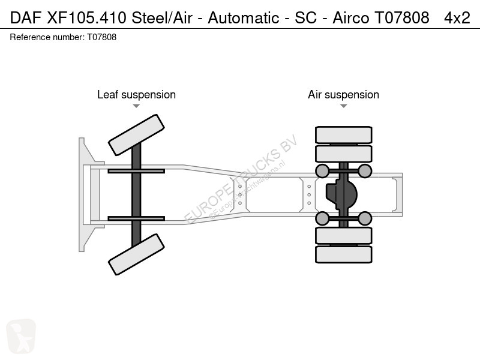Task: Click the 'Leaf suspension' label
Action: pyautogui.click(x=137, y=95)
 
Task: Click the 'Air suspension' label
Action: pyautogui.click(x=343, y=95)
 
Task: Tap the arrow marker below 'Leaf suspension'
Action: pyautogui.click(x=136, y=106)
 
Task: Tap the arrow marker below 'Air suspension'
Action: pyautogui.click(x=343, y=106)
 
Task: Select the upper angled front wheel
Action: pyautogui.click(x=137, y=135)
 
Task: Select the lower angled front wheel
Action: pyautogui.click(x=137, y=254)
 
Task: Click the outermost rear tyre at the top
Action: pyautogui.click(x=343, y=134)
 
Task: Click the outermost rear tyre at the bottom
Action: pyautogui.click(x=343, y=254)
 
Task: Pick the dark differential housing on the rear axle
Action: pyautogui.click(x=341, y=194)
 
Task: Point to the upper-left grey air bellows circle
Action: pyautogui.click(x=322, y=171)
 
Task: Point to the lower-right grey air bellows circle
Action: pyautogui.click(x=365, y=218)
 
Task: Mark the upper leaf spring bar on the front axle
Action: pyautogui.click(x=136, y=171)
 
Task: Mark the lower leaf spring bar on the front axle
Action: pyautogui.click(x=136, y=218)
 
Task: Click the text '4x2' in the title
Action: pyautogui.click(x=457, y=18)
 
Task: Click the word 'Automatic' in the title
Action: pyautogui.click(x=244, y=18)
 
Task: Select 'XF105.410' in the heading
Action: pyautogui.click(x=86, y=18)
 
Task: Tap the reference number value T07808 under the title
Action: pyautogui.click(x=102, y=37)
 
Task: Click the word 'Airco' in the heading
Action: pyautogui.click(x=351, y=18)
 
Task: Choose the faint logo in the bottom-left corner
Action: pyautogui.click(x=21, y=337)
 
